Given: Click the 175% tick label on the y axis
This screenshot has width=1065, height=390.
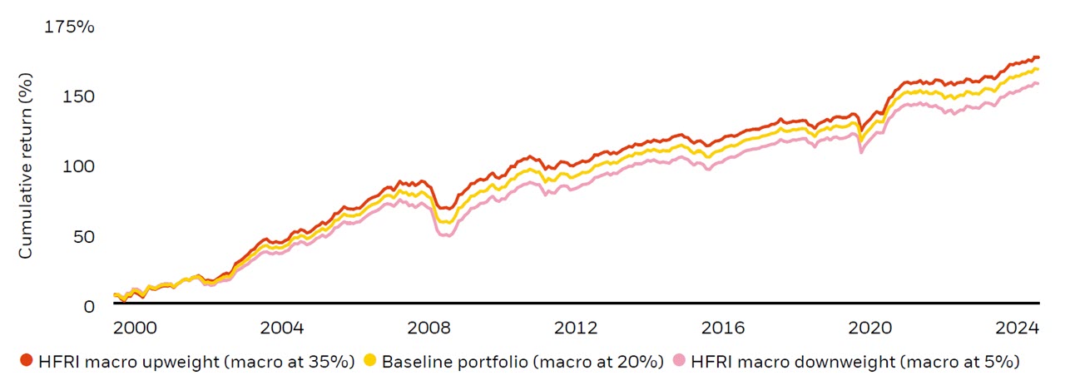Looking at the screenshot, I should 69,27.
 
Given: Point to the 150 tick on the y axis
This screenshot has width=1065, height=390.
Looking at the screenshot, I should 78,96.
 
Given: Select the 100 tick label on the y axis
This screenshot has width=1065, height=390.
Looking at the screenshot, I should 78,166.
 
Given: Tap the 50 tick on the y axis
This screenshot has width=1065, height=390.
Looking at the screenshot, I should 83,236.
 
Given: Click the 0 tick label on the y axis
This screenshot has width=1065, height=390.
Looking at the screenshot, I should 89,306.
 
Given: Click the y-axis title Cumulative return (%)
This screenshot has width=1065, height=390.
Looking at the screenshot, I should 27,165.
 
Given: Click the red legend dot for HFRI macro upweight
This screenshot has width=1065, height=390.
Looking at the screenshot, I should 26,361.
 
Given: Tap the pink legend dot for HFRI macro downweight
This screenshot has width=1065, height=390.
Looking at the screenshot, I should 680,361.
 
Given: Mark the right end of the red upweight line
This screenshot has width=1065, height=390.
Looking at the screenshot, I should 1038,57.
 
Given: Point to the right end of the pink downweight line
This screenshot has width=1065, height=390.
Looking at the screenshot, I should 1038,83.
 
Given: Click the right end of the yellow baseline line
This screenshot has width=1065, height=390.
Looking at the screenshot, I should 1038,69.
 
